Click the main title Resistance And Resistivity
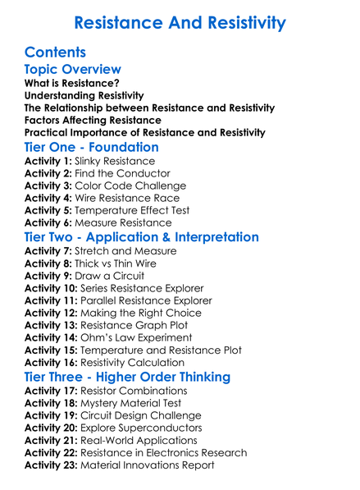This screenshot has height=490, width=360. pyautogui.click(x=180, y=22)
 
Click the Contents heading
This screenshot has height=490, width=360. pyautogui.click(x=56, y=53)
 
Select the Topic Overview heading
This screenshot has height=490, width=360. pyautogui.click(x=73, y=70)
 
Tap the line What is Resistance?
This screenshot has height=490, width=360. pyautogui.click(x=72, y=83)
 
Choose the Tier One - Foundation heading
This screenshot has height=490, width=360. pyautogui.click(x=92, y=148)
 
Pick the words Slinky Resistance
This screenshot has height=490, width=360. pyautogui.click(x=114, y=162)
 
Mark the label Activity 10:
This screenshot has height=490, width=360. pyautogui.click(x=52, y=288)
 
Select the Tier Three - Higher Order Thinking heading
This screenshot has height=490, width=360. pyautogui.click(x=127, y=377)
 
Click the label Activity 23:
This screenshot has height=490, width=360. pyautogui.click(x=52, y=465)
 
